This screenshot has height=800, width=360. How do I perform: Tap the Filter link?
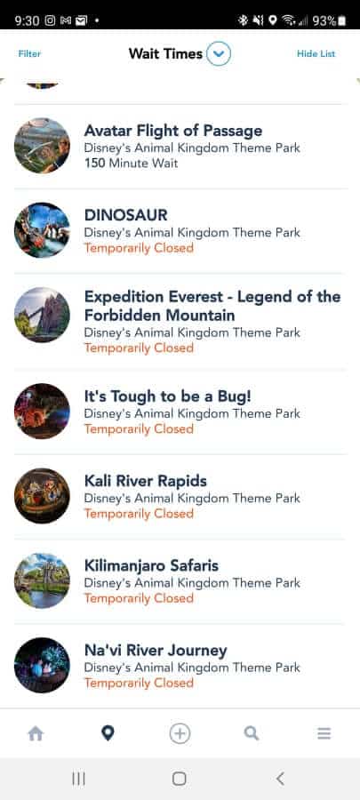(29, 53)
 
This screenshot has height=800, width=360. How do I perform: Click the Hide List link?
(316, 53)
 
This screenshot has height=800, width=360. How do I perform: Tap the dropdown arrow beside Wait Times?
(219, 53)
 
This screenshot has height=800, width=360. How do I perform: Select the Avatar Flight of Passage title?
(172, 131)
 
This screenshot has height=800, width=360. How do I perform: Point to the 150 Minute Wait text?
(131, 164)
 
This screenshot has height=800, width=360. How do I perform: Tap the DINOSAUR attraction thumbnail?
(42, 230)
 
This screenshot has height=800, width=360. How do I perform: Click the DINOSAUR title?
(126, 215)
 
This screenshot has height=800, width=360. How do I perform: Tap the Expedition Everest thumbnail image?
(42, 315)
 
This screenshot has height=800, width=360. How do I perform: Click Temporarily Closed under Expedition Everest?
(139, 348)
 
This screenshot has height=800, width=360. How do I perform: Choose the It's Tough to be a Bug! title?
(168, 396)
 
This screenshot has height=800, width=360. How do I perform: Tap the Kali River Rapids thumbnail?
(42, 495)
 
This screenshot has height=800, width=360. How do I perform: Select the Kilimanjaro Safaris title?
(151, 565)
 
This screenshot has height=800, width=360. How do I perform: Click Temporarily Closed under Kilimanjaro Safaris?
(139, 598)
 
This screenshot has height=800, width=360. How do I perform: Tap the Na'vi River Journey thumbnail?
(42, 665)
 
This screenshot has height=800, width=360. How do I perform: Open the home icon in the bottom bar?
(36, 733)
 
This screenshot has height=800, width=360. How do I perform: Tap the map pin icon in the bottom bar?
(108, 733)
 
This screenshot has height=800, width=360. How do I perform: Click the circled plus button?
(180, 733)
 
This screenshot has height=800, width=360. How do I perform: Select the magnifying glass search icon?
(252, 733)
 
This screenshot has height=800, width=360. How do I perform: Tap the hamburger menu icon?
(324, 733)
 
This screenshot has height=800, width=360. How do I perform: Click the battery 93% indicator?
(330, 20)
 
